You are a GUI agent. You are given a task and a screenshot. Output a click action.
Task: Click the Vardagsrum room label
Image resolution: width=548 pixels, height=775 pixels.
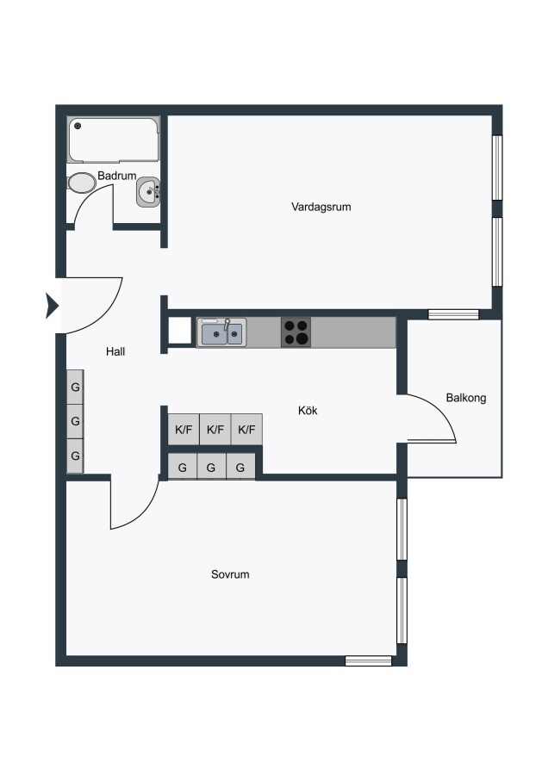click(321, 207)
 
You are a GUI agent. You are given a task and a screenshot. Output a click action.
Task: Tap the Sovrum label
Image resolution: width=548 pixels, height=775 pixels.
click(230, 574)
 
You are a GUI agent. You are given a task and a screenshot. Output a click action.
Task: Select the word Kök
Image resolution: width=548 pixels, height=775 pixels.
click(308, 410)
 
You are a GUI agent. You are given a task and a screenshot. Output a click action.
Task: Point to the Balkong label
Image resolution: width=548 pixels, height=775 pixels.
click(466, 398)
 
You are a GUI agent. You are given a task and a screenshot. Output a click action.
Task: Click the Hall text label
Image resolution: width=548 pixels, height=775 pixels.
click(115, 351)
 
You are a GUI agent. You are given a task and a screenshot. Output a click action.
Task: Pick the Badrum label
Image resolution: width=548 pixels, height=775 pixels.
click(116, 176)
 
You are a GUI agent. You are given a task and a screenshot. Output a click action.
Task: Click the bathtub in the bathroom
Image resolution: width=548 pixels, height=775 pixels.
click(114, 139)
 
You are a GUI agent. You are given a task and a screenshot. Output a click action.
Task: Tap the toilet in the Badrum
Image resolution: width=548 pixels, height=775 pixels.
click(82, 183)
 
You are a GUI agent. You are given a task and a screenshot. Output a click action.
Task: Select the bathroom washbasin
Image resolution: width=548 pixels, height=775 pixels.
click(148, 192)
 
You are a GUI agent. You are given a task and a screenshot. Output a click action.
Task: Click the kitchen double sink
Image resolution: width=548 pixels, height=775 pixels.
click(221, 333)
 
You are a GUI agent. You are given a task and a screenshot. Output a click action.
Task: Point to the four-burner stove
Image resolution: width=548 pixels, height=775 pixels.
click(296, 332)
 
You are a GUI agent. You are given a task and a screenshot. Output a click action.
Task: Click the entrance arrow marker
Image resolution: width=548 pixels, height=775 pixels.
click(52, 306)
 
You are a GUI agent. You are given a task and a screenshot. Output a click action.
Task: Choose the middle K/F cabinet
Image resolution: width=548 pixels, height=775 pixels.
click(215, 429)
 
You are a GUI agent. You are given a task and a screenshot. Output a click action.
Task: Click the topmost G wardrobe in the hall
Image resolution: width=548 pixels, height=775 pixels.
click(75, 387)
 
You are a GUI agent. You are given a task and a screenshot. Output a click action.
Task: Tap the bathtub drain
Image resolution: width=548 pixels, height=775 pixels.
click(78, 126)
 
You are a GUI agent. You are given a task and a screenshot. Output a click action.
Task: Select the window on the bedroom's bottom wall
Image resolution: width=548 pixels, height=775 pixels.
click(368, 660)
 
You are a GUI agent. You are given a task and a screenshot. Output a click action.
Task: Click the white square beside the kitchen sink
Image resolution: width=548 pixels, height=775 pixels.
click(179, 330)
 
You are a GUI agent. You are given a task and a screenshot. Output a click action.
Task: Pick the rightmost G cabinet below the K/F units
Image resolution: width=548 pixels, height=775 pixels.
click(240, 467)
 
